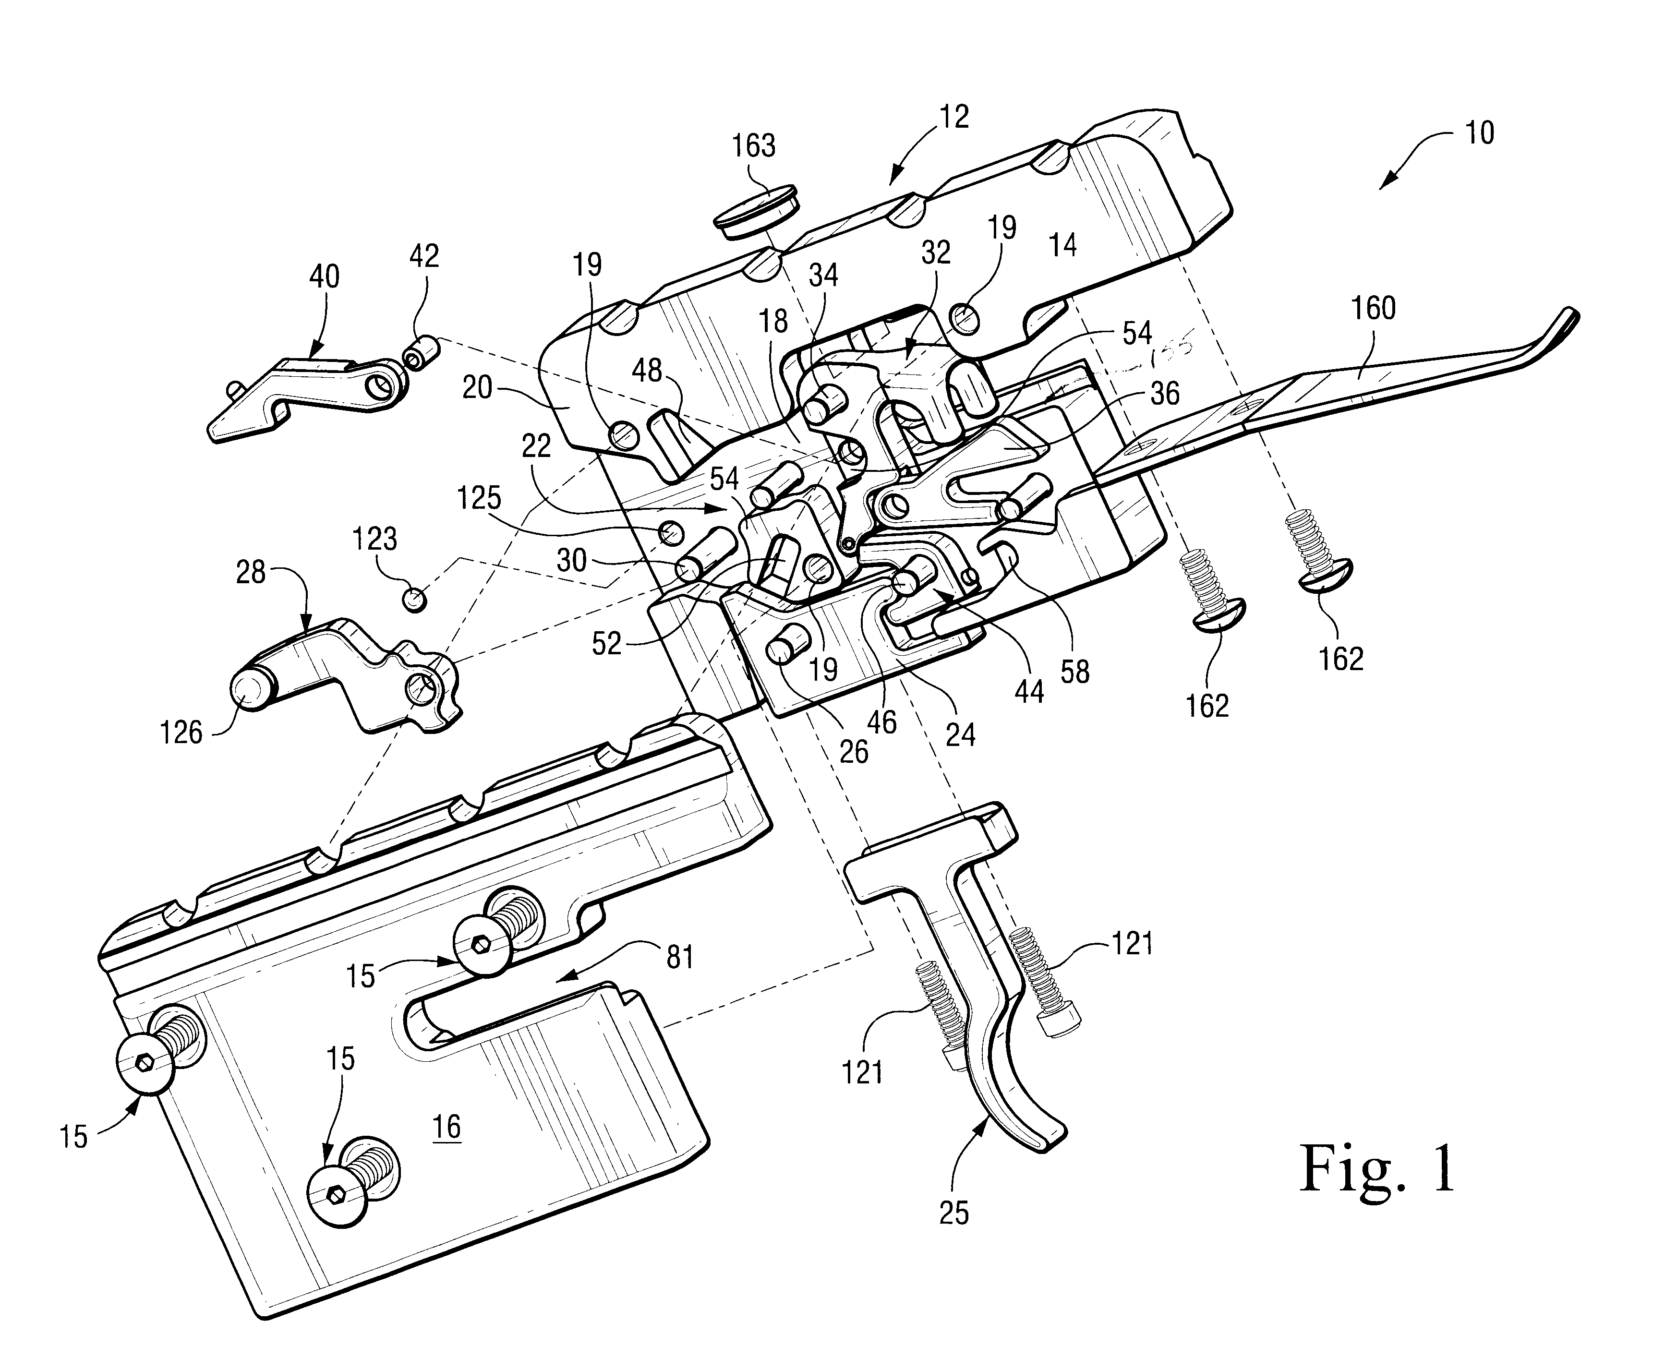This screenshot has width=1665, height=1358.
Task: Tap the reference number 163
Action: [753, 146]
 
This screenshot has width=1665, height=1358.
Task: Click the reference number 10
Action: [1479, 133]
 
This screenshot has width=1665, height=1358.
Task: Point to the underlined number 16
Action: [447, 1127]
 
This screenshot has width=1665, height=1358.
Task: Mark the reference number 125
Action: [480, 498]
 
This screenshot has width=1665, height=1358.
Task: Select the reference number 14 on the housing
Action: [1062, 246]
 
